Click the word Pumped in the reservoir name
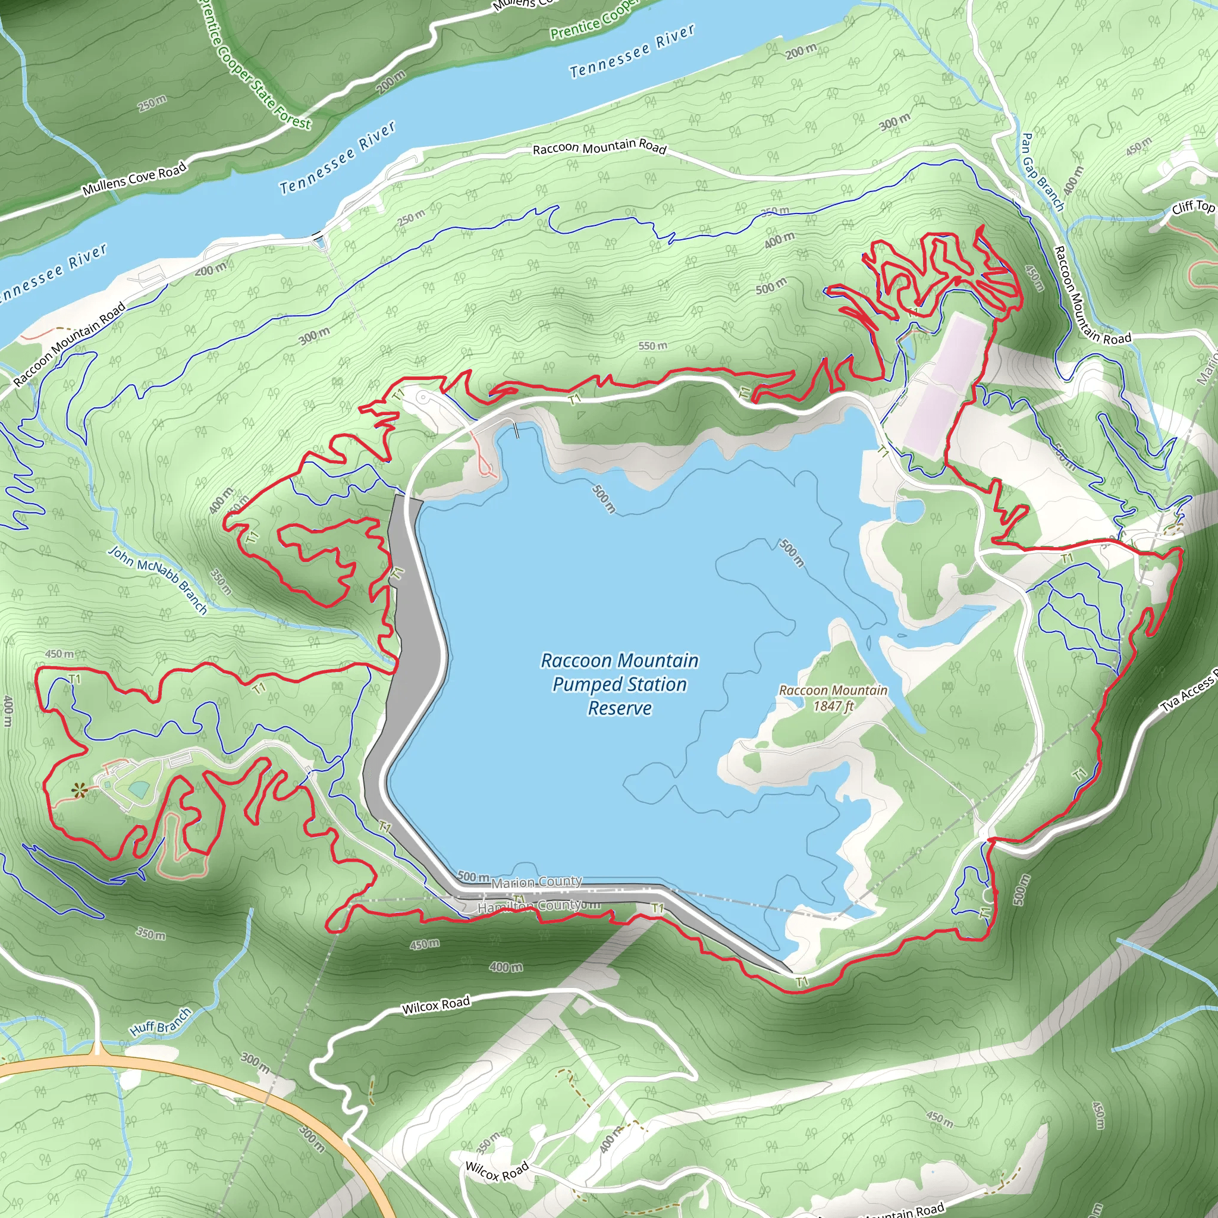[x=579, y=685]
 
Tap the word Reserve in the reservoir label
[x=620, y=708]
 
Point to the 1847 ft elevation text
[x=833, y=706]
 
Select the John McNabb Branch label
[x=158, y=579]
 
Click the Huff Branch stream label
[x=160, y=1022]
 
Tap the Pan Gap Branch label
[x=1042, y=171]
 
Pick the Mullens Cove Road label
[x=134, y=178]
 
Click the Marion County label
[x=536, y=882]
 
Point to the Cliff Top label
[x=1194, y=206]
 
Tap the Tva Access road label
[x=1189, y=694]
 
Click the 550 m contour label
[x=652, y=346]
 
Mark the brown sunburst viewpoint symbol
[x=79, y=790]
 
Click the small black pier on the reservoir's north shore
[x=517, y=429]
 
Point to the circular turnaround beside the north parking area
[x=423, y=397]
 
